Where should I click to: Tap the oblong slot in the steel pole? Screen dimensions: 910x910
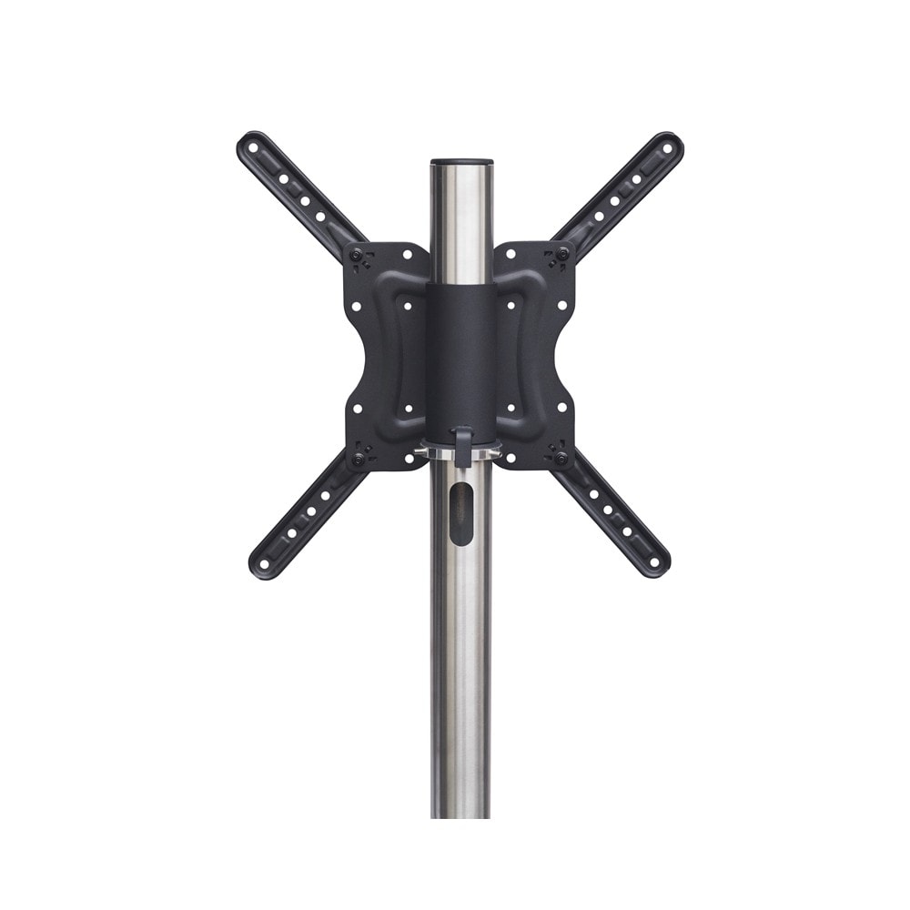tap(461, 513)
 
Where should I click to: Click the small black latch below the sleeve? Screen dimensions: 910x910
tap(461, 446)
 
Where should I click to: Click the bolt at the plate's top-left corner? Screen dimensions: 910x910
tap(358, 254)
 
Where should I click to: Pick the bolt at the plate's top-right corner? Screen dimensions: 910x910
tap(563, 254)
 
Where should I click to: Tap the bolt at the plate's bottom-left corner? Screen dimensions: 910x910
tap(359, 459)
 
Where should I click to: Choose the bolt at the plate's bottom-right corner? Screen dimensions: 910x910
tap(562, 458)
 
